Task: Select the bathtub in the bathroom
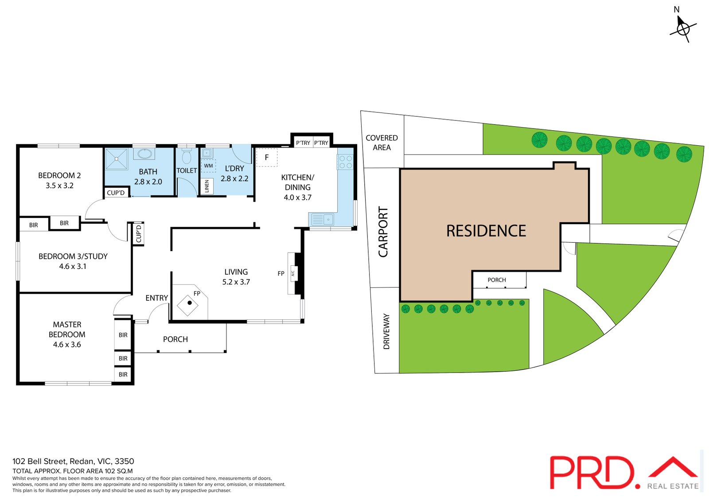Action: [x=144, y=154]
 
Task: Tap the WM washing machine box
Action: [x=208, y=166]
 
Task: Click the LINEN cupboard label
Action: [x=207, y=186]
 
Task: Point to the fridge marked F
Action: [x=267, y=157]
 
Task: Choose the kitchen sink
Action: [x=323, y=219]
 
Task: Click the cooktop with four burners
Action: [x=345, y=162]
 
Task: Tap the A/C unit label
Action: [x=293, y=273]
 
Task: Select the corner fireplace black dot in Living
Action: [x=189, y=303]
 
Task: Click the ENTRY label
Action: [x=157, y=298]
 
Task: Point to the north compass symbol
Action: [x=683, y=27]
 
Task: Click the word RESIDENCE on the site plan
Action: [x=486, y=231]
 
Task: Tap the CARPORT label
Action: [x=383, y=232]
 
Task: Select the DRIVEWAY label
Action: [x=386, y=331]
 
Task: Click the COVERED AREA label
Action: [x=382, y=143]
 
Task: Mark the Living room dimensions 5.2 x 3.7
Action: [x=236, y=282]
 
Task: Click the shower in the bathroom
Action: [x=117, y=159]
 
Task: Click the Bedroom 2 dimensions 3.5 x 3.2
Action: [x=59, y=186]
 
